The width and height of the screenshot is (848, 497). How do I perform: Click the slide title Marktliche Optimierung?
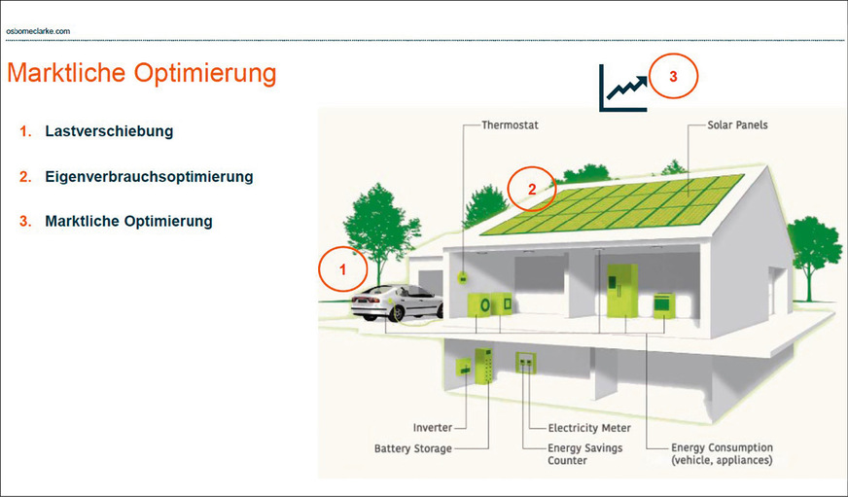pos(141,73)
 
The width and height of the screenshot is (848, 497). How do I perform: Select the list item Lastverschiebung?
pos(109,130)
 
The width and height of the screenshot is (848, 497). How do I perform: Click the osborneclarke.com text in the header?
pos(38,31)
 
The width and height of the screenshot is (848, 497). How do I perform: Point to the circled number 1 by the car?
pos(341,266)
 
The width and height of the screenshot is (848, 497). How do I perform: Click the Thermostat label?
pos(510,125)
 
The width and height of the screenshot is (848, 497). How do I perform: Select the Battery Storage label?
pos(413,448)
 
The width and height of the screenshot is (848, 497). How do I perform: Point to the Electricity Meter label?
pos(589,428)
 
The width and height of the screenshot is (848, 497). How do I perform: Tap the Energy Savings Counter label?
pos(584,454)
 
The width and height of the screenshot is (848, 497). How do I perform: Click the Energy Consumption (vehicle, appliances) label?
pos(722,454)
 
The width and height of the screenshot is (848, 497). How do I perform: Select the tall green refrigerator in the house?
pos(620,290)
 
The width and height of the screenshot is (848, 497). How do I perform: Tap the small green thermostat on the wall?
pos(463,277)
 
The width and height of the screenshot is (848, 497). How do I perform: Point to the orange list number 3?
pos(25,222)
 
